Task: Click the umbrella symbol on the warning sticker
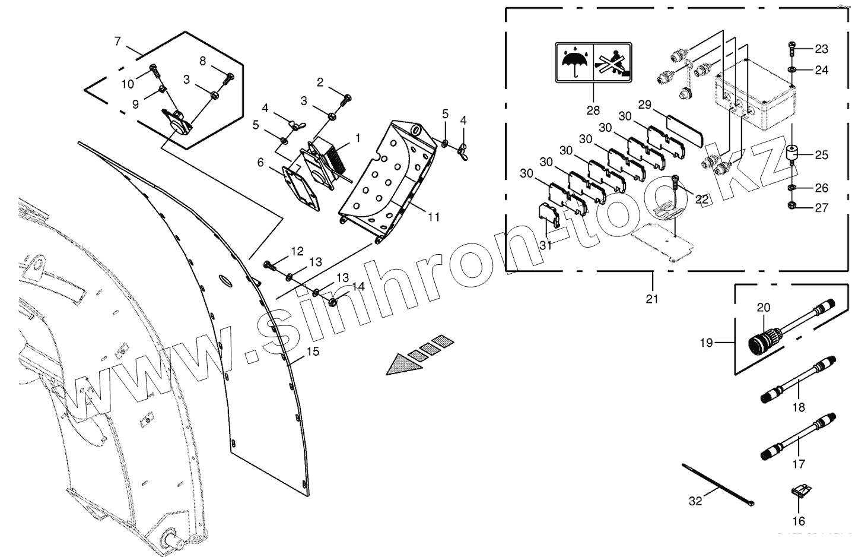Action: [x=574, y=62]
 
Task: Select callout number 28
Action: [x=593, y=110]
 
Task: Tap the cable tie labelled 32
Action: [x=718, y=483]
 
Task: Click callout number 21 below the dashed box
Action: [x=652, y=299]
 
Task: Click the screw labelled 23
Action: [x=793, y=48]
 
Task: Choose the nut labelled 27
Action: [x=793, y=207]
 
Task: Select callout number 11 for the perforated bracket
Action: [x=434, y=217]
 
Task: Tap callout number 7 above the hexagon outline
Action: [x=117, y=42]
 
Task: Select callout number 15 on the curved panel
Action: [x=313, y=352]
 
